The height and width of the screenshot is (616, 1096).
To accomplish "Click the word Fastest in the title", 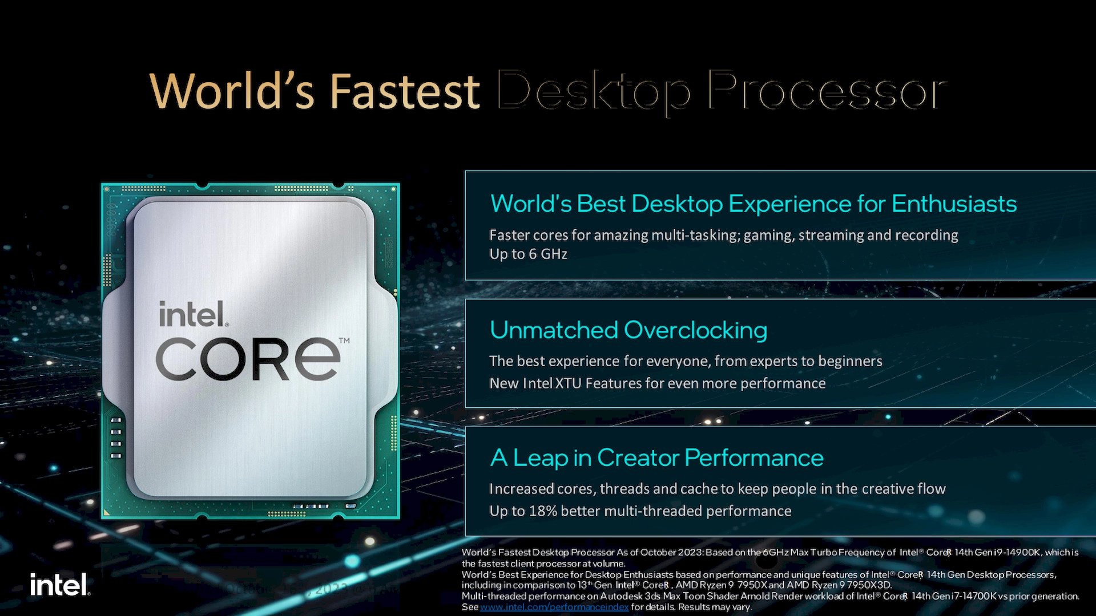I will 405,91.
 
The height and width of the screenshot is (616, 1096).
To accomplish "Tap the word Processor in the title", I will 828,91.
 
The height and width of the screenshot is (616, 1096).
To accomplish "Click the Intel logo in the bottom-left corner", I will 60,585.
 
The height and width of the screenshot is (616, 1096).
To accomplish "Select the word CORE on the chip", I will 248,359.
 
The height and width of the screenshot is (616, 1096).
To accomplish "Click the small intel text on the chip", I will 192,315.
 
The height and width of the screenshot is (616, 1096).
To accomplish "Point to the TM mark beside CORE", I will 344,341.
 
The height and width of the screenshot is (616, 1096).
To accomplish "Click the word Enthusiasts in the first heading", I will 954,204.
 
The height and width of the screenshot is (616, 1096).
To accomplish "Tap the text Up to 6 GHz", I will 528,254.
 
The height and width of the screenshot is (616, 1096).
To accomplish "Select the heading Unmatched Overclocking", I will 628,330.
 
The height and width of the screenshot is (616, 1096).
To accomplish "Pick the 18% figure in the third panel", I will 543,511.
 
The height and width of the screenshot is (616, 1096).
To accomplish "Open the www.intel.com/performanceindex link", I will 554,607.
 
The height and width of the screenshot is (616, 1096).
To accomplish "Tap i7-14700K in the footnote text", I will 974,596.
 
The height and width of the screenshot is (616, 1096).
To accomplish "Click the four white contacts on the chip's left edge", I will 116,438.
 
